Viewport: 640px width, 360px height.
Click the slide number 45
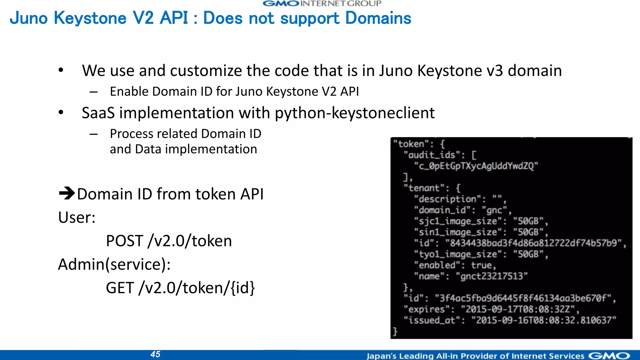click(155, 354)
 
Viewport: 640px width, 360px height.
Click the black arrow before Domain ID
click(67, 193)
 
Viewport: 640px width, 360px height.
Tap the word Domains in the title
click(378, 18)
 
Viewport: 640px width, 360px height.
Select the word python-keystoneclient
click(355, 113)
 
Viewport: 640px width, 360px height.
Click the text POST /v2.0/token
click(169, 241)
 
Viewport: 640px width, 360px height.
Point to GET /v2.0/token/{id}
click(180, 288)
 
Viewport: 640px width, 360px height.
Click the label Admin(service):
click(114, 264)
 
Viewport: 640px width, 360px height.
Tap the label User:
click(77, 217)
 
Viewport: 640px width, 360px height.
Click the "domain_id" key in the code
click(442, 210)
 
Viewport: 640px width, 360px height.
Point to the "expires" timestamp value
click(518, 309)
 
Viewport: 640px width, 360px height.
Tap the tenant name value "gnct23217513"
click(492, 276)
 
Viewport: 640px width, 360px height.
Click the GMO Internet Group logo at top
click(322, 4)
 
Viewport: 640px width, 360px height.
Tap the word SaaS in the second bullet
click(98, 113)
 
